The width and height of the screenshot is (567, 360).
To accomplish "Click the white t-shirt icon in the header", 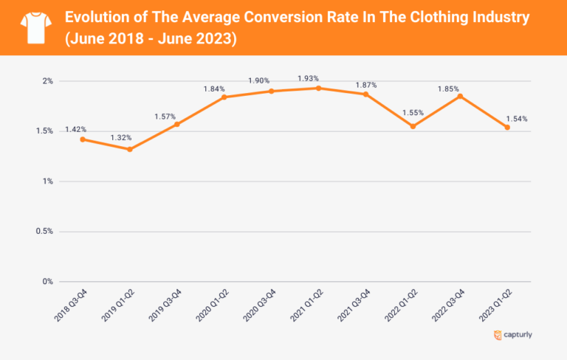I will (32, 27).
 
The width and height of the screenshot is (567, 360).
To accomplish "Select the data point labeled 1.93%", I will (318, 88).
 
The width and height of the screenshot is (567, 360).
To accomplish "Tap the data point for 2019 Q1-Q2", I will (130, 149).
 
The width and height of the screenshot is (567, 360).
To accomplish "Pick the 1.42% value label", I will (75, 129).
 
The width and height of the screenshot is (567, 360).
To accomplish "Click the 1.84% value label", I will (215, 89).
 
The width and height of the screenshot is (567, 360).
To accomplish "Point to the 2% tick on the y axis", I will (47, 81).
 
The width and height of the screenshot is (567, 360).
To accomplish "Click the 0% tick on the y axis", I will (47, 282).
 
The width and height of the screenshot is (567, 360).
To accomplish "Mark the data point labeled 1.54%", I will (507, 128).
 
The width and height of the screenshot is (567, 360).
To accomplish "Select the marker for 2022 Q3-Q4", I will (460, 96).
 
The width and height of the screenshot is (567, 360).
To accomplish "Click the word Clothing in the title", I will (402, 17).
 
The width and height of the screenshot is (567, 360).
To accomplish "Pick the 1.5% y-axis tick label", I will (44, 131).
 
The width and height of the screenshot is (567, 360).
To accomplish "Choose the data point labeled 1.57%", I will (177, 124).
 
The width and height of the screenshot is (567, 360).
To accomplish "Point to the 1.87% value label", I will (365, 85).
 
